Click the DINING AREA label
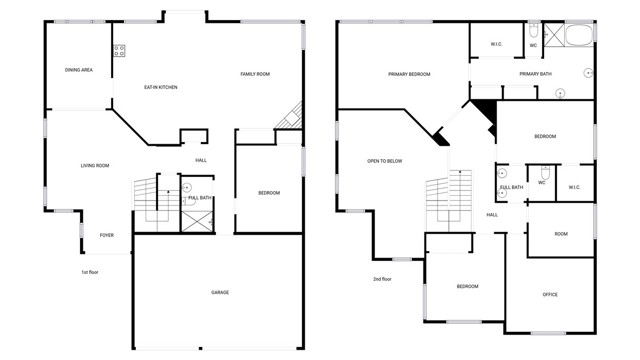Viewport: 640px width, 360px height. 79,70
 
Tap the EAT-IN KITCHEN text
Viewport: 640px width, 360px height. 161,87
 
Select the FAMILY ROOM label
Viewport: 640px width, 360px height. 255,74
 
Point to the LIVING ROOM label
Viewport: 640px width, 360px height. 95,165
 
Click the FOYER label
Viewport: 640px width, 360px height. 107,235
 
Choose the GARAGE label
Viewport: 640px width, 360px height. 220,292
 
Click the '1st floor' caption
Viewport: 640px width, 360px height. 90,272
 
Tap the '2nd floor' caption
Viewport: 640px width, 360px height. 382,279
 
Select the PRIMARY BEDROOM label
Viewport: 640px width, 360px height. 409,74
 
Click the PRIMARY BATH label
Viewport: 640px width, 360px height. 536,74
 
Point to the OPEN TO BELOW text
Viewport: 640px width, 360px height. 384,161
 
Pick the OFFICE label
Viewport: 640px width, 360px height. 550,294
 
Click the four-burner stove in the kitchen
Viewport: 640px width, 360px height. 119,51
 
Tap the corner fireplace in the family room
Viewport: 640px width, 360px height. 291,117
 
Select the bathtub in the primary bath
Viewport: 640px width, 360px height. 579,35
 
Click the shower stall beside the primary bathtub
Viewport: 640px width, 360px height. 553,35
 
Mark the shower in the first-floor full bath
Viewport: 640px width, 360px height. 197,222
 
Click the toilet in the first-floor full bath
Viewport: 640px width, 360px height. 189,201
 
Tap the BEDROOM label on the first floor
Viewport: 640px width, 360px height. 269,193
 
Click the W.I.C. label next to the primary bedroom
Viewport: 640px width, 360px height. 496,44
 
